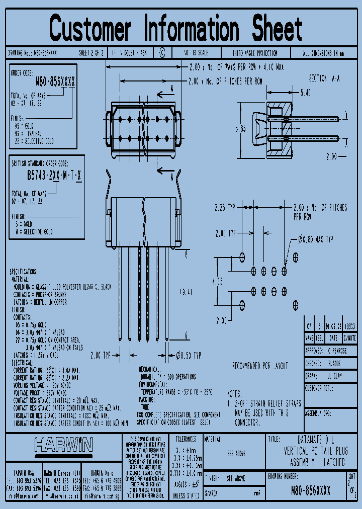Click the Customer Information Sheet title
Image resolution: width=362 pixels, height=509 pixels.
click(x=176, y=28)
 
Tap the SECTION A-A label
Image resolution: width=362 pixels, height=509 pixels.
click(x=324, y=79)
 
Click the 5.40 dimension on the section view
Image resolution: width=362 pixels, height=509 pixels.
click(x=305, y=93)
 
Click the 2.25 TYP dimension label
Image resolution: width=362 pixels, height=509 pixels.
click(x=225, y=206)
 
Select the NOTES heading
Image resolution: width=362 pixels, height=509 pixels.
click(x=235, y=394)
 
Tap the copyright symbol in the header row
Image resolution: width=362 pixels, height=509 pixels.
click(x=162, y=52)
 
